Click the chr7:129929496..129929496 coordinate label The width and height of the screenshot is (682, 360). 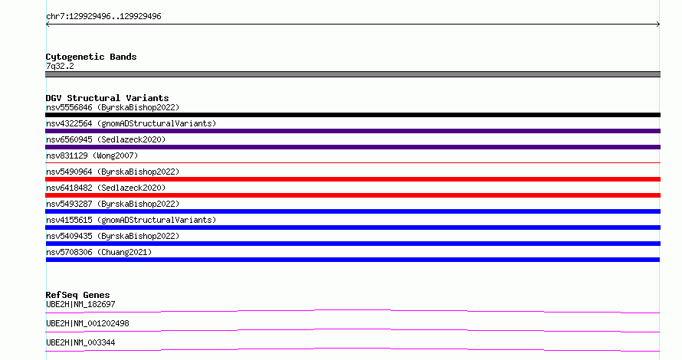pos(103,17)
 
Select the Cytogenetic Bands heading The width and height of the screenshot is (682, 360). pos(91,57)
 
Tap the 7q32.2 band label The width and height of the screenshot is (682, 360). pos(60,66)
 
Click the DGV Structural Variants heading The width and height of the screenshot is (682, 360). pos(107,98)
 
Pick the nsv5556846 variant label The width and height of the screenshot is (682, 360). pos(113,107)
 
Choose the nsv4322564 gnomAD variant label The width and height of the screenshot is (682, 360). pos(131,123)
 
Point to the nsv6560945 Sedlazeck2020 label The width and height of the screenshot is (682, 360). pos(106,139)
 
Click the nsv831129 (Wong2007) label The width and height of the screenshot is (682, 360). pos(92,155)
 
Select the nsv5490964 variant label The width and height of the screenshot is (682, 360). pos(113,172)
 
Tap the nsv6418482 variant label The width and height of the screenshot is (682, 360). pos(106,188)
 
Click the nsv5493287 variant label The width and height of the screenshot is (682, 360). pos(113,204)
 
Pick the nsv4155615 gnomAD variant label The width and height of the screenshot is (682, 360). pos(131,220)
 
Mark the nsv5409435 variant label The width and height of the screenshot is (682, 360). pos(113,236)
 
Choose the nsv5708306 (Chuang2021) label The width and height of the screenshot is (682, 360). pos(99,252)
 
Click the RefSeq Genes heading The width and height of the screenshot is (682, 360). pos(77,295)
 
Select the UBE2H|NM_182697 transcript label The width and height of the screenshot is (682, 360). pos(80,304)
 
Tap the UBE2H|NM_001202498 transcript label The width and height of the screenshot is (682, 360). pos(87,323)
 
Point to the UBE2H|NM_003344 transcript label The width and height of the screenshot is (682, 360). pos(80,342)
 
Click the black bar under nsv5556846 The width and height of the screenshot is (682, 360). pos(352,115)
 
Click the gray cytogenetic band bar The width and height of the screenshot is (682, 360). pos(352,74)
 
